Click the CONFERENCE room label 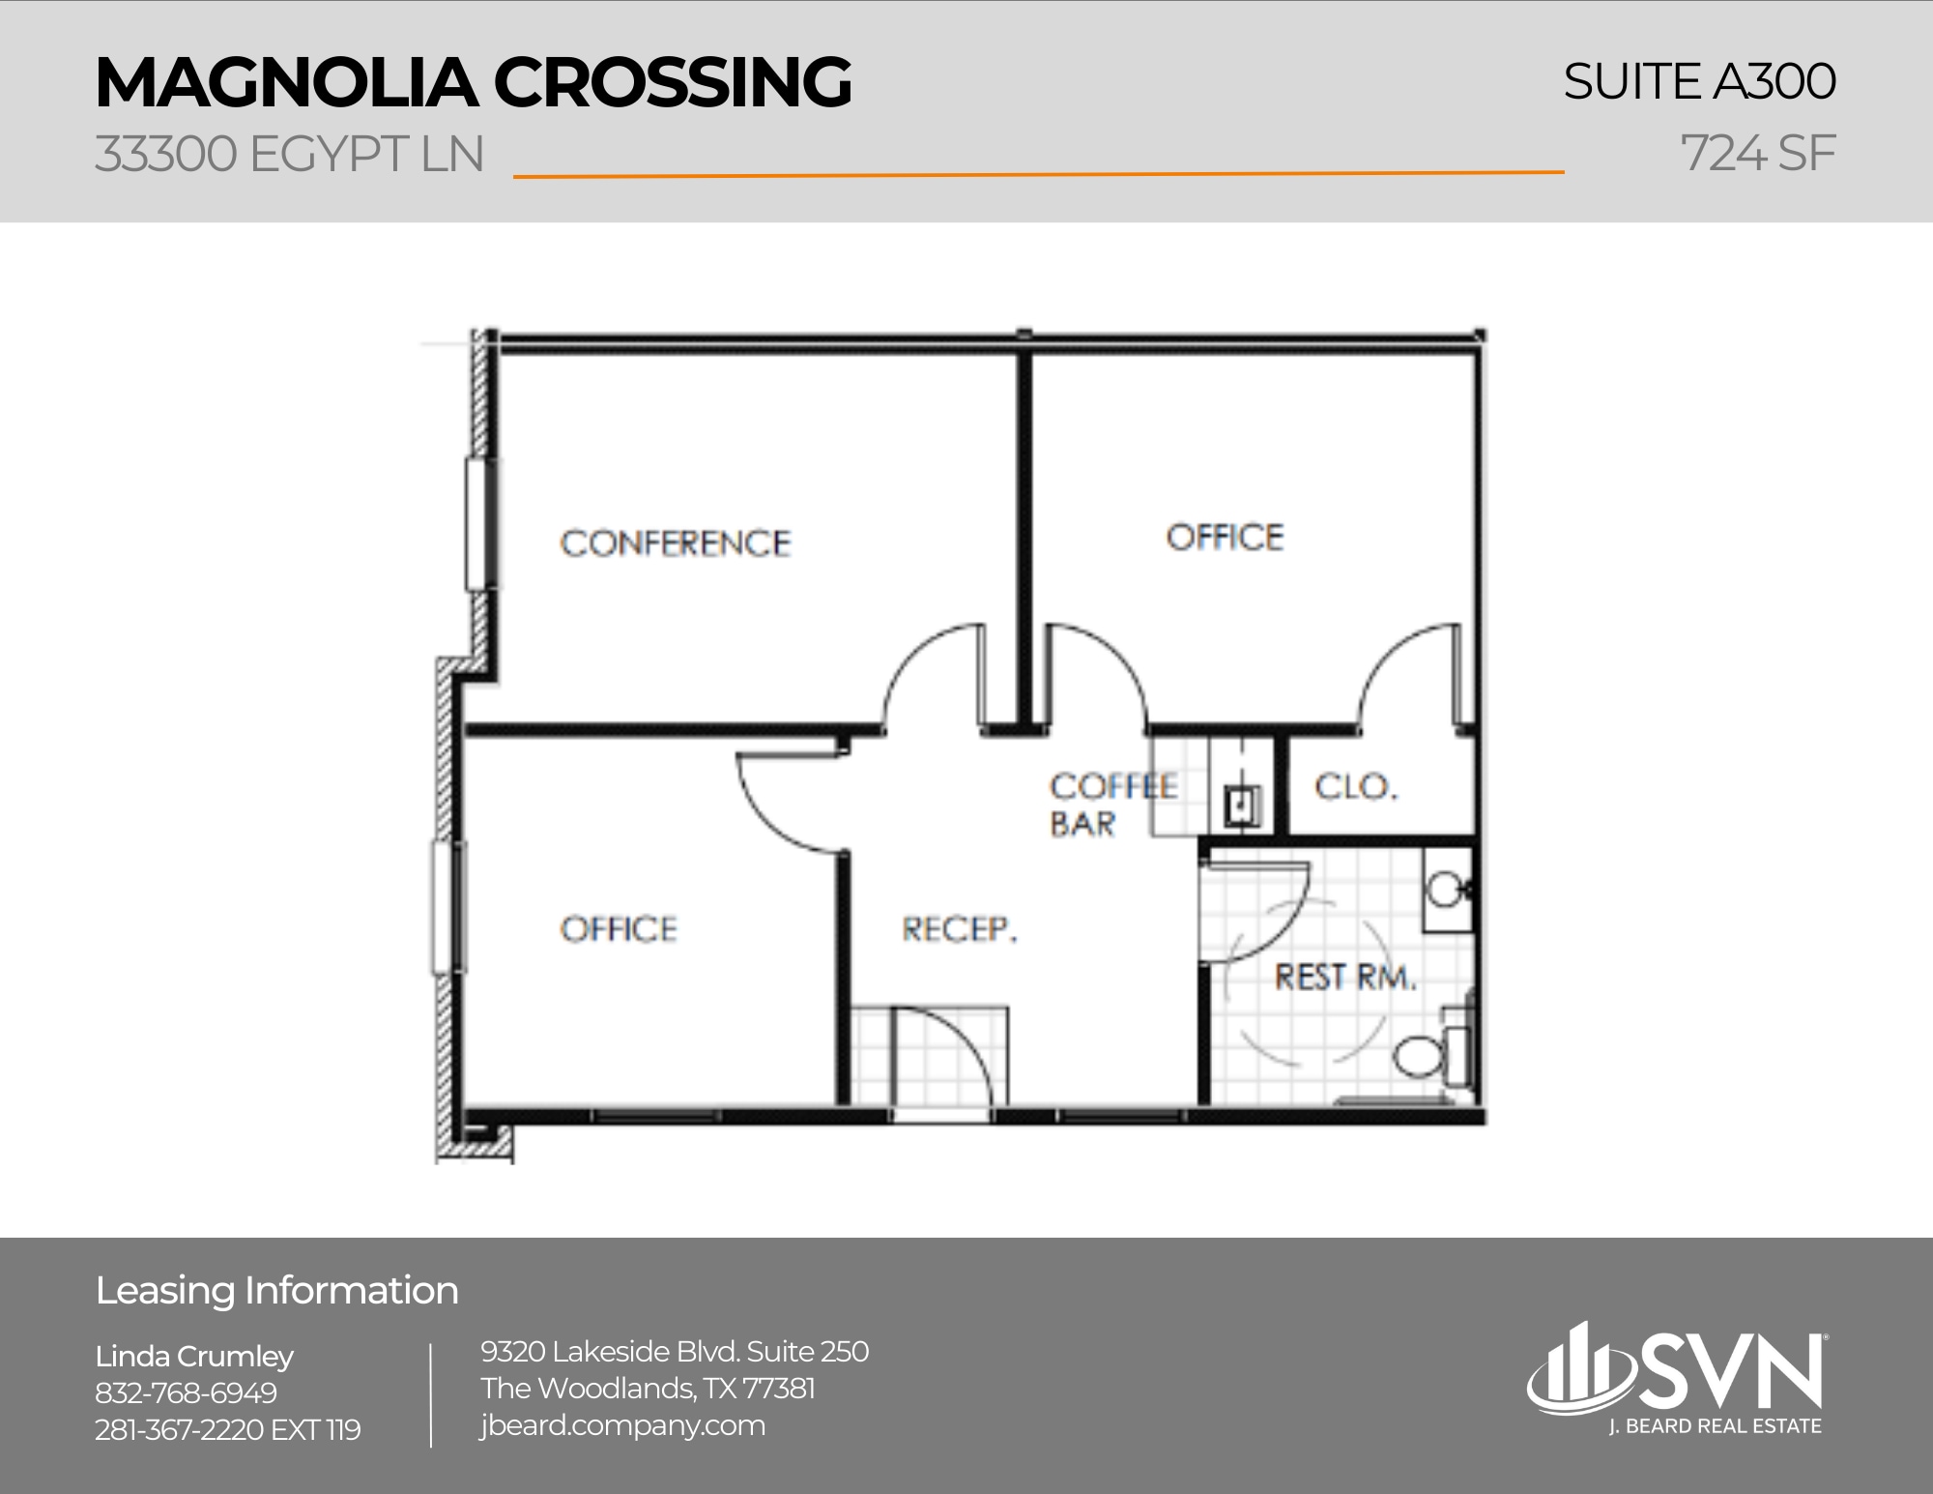tap(675, 543)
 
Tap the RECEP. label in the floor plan tap(959, 930)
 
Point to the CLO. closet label tap(1355, 787)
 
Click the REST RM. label tap(1344, 978)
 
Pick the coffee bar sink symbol tap(1242, 805)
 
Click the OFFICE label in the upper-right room tap(1225, 538)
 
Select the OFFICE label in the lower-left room tap(619, 930)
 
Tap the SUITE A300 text tap(1698, 81)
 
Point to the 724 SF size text tap(1757, 153)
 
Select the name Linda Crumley tap(194, 1357)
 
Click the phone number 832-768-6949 tap(186, 1393)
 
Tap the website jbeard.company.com tap(622, 1425)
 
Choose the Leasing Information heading tap(277, 1291)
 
